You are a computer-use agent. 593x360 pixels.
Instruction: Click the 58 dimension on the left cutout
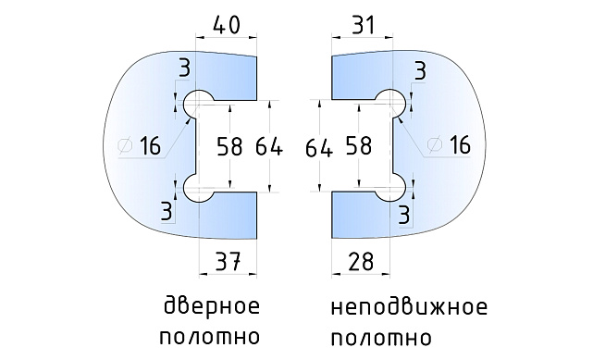point(234,145)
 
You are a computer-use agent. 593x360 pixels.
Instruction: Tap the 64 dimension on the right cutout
point(318,145)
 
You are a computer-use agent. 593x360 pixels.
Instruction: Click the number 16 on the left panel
point(150,145)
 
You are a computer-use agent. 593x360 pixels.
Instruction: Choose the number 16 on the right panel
point(459,145)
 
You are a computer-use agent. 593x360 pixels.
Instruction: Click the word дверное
point(211,307)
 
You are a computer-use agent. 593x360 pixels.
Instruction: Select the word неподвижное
point(408,307)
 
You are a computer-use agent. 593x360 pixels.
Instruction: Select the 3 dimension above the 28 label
point(404,215)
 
